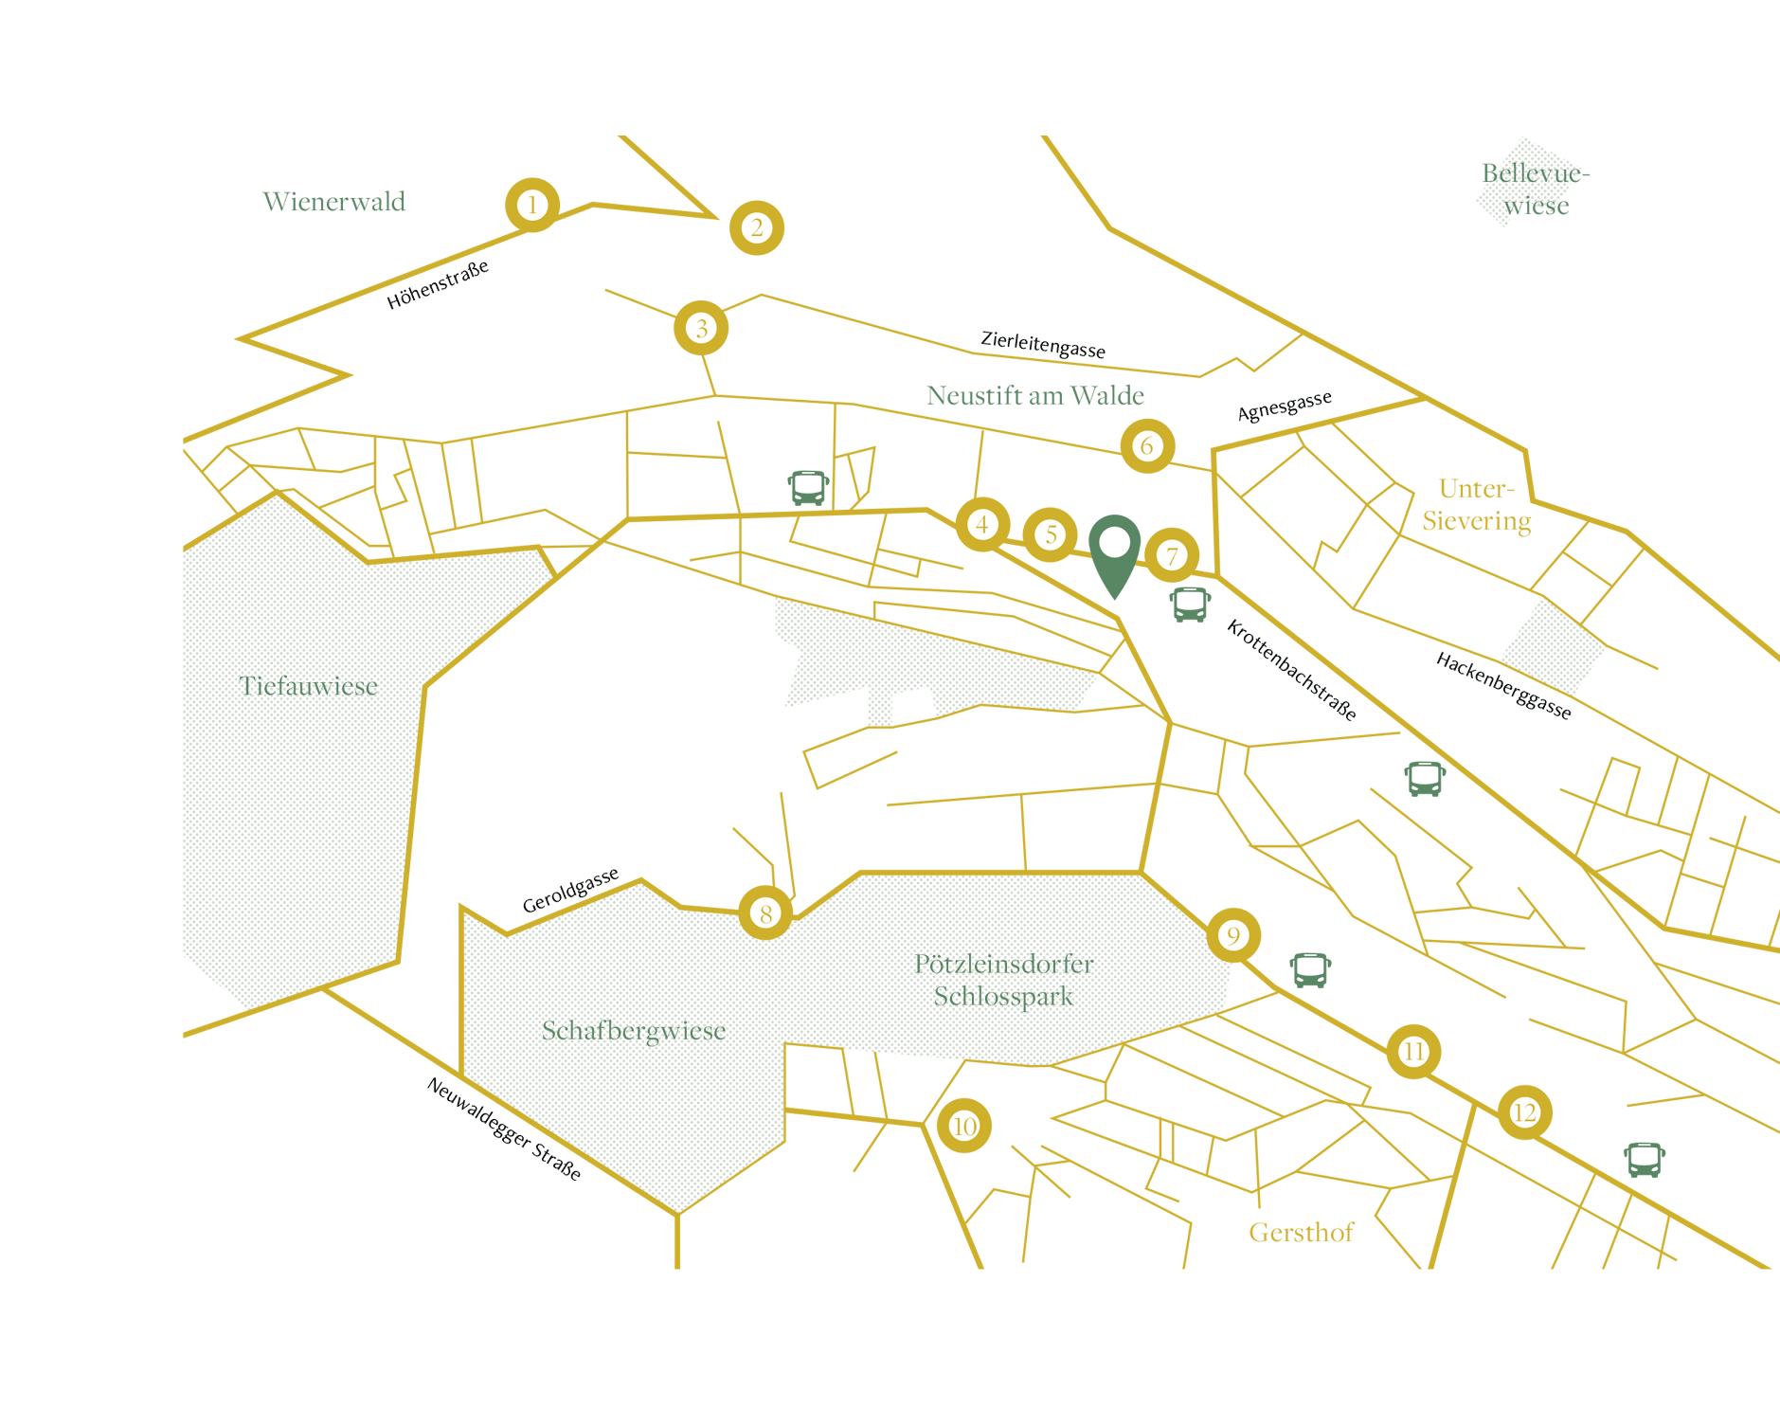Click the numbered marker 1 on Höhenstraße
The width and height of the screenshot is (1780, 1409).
coord(532,205)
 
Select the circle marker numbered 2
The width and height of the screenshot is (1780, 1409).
coord(756,227)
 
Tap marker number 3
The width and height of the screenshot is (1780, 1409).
coord(701,328)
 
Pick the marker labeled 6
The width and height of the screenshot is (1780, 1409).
coord(1147,445)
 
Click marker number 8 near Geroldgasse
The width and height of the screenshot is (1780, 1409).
coord(765,913)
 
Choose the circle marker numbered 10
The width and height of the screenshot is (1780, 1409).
coord(964,1126)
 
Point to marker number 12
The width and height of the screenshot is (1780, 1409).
coord(1524,1112)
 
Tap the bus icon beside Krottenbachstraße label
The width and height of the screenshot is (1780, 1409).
coord(1190,604)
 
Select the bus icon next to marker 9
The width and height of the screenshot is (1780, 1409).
coord(1310,970)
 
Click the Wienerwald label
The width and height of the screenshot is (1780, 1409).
coord(333,202)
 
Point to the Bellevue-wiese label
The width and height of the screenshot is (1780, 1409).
coord(1536,190)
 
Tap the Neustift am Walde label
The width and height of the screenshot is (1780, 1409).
coord(1035,395)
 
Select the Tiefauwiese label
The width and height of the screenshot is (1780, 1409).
coord(308,686)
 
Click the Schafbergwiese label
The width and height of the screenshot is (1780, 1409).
coord(634,1031)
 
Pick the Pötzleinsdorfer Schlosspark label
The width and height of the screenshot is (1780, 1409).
coord(1003,980)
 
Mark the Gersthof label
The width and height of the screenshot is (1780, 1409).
coord(1301,1233)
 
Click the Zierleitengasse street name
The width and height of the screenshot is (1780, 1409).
coord(1042,345)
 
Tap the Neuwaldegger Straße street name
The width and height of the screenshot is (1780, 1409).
coord(504,1129)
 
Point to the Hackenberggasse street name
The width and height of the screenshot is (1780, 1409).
coord(1503,686)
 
